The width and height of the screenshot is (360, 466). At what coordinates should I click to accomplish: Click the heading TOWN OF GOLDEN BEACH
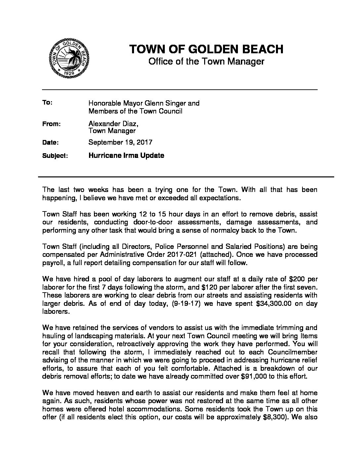pos(206,49)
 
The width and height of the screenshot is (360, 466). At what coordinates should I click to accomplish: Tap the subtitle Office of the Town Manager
pos(206,62)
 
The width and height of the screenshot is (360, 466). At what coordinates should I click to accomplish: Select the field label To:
pos(47,103)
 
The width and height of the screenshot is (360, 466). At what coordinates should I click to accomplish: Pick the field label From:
pos(51,124)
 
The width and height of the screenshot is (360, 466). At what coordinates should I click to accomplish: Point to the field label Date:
pos(51,143)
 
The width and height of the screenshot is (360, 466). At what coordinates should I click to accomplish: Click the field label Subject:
pos(55,156)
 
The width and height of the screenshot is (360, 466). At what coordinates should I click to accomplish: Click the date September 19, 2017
pos(120,142)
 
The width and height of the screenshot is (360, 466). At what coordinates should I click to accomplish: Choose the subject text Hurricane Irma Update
pos(126,155)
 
